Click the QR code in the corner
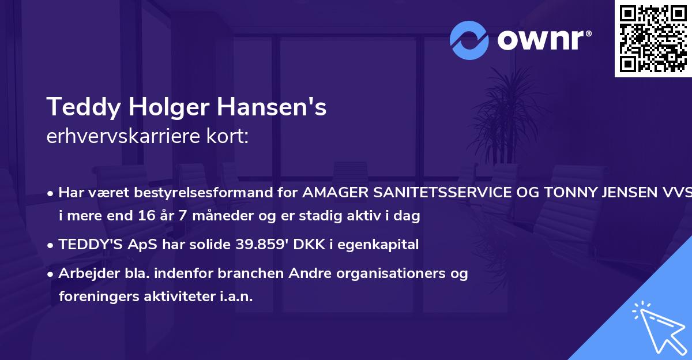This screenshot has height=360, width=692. pos(653,39)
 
